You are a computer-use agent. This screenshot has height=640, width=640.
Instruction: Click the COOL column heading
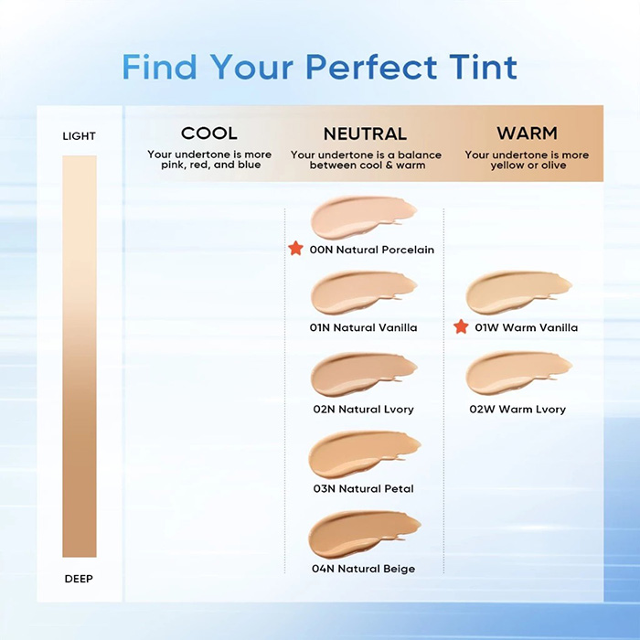[x=209, y=133]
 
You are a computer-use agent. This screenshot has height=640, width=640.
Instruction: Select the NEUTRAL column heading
[x=365, y=133]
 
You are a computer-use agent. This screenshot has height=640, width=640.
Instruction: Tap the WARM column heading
[x=527, y=133]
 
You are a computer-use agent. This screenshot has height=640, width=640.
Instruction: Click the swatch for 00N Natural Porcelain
[x=363, y=219]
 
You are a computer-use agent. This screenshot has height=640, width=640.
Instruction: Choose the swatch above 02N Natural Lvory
[x=363, y=374]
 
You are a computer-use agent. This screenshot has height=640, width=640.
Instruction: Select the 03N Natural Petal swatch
[x=363, y=453]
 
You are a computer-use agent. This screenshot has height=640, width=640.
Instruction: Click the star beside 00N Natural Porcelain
[x=295, y=249]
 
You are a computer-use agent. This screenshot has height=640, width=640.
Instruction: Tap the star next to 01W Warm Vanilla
[x=461, y=327]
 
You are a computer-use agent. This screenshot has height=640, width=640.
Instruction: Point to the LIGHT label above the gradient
[x=79, y=136]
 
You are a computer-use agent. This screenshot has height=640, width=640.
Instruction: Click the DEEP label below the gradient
[x=79, y=579]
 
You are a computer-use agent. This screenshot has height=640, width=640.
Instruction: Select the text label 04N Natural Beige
[x=364, y=569]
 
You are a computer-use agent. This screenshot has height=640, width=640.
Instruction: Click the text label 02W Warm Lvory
[x=517, y=410]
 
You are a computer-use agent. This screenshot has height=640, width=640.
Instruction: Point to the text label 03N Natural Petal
[x=363, y=489]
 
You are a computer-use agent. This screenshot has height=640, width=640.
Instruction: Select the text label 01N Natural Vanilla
[x=364, y=327]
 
